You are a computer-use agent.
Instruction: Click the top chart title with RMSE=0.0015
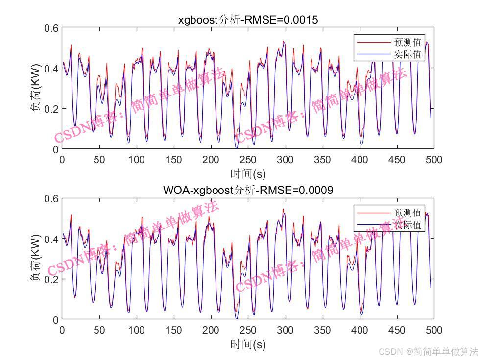[248, 20]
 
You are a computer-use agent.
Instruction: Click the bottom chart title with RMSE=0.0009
[248, 191]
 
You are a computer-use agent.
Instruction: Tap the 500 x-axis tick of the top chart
[434, 160]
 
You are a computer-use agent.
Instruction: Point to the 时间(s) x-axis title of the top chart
[248, 174]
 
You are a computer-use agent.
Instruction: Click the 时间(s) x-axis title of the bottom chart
[248, 344]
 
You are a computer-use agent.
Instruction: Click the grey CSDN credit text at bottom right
[429, 351]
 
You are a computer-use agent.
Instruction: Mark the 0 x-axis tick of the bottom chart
[62, 330]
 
